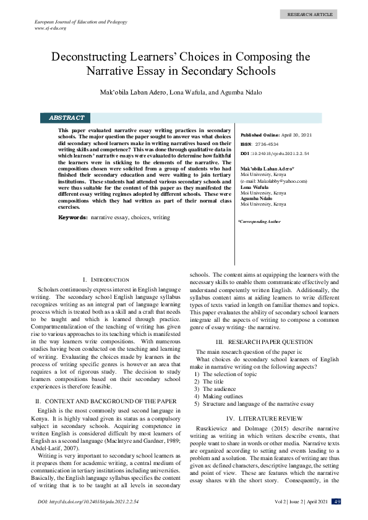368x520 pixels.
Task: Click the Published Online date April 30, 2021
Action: pos(296,135)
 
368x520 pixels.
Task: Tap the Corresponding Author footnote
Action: pos(259,221)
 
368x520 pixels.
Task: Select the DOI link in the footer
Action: pos(87,501)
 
